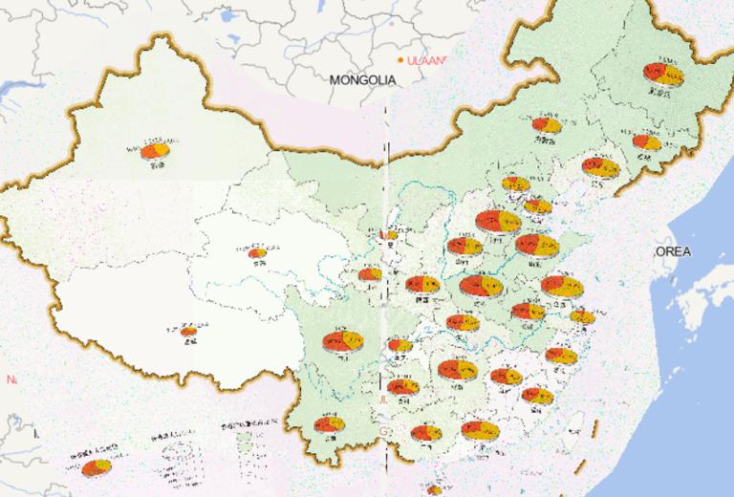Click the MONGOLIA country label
click(362, 81)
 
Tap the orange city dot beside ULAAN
click(401, 60)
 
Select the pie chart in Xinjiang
click(156, 150)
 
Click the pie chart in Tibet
click(189, 332)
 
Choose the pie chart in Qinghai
click(257, 253)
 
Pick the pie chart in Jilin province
click(646, 143)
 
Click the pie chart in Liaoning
click(601, 168)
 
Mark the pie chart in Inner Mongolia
click(547, 125)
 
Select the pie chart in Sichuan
click(341, 341)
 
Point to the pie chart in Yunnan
click(330, 425)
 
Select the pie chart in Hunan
click(457, 369)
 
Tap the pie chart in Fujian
click(537, 395)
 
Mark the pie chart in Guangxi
click(425, 432)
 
